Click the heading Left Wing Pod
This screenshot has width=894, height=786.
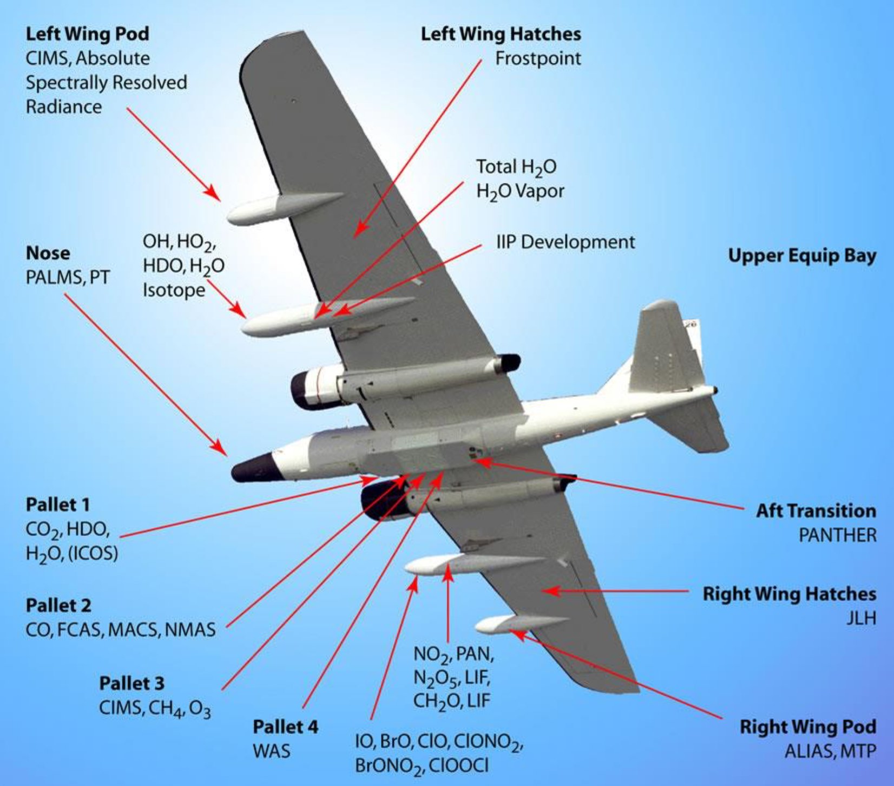[x=87, y=34]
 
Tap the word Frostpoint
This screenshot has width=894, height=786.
[x=538, y=58]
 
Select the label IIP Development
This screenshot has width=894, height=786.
[x=566, y=242]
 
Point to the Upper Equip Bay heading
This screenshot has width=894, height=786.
[x=801, y=256]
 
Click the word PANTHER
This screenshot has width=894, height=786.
[x=837, y=535]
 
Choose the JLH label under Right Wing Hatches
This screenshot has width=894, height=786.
[x=861, y=618]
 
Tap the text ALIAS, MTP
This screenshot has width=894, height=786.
[x=830, y=751]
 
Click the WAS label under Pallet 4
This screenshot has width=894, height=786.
[x=271, y=751]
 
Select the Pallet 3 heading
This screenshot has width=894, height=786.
[x=132, y=683]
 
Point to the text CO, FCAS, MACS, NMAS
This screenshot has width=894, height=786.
[x=121, y=629]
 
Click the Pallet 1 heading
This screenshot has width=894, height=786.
[x=58, y=505]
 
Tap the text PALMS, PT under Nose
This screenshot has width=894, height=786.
[x=68, y=277]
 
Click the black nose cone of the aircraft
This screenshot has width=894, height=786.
[x=252, y=468]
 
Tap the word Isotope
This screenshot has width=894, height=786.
[x=174, y=290]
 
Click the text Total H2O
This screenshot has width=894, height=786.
[x=516, y=167]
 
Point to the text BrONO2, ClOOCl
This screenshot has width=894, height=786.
[x=422, y=765]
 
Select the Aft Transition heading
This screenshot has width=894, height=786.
[x=816, y=510]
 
